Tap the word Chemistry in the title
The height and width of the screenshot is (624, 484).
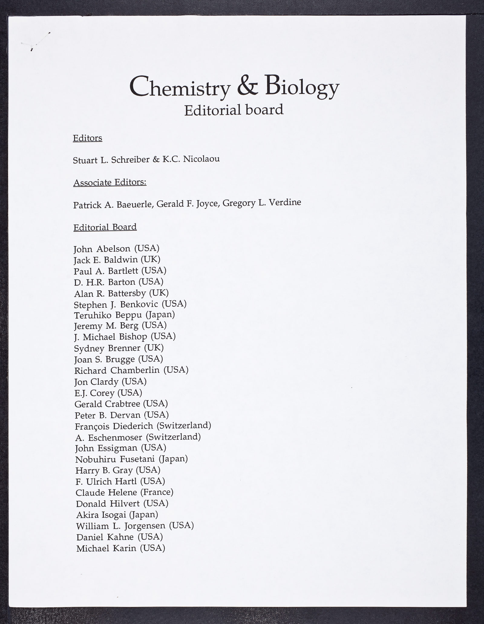[180, 87]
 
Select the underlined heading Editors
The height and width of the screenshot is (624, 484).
[87, 138]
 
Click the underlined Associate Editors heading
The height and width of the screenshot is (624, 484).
[110, 183]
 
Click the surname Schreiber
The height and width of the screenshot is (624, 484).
[130, 160]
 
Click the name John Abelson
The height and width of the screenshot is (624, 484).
[102, 249]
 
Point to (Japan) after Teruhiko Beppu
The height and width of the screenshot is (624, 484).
[160, 315]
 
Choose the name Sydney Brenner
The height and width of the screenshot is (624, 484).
[107, 348]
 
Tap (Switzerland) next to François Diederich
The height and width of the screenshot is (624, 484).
[184, 425]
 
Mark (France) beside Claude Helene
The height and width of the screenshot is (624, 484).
[157, 492]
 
